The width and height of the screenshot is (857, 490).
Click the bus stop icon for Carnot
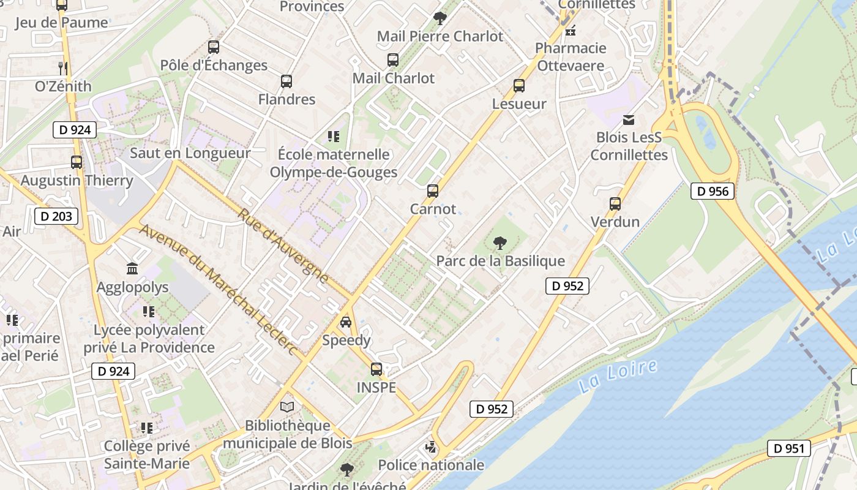(433, 191)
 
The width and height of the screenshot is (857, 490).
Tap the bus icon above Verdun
(615, 204)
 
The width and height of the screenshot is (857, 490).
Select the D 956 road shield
(713, 191)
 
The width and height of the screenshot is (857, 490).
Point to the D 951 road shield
(788, 448)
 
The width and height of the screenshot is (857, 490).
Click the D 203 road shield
(57, 216)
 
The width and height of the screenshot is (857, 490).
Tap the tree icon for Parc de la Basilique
(500, 243)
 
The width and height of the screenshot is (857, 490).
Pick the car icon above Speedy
(346, 322)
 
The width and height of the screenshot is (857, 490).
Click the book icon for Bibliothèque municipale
(287, 407)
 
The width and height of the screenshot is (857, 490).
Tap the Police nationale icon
(431, 447)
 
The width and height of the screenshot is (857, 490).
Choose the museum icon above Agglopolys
(132, 268)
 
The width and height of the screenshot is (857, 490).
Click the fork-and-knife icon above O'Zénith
(62, 67)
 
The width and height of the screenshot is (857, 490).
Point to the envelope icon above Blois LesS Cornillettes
(629, 119)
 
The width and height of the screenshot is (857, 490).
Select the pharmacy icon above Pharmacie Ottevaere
(571, 30)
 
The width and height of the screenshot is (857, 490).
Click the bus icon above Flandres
(286, 81)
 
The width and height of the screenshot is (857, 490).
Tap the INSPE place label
(376, 387)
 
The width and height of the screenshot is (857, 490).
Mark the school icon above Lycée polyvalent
(148, 312)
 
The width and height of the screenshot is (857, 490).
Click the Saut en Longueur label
(190, 153)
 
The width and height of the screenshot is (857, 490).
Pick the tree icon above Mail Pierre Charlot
(440, 18)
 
